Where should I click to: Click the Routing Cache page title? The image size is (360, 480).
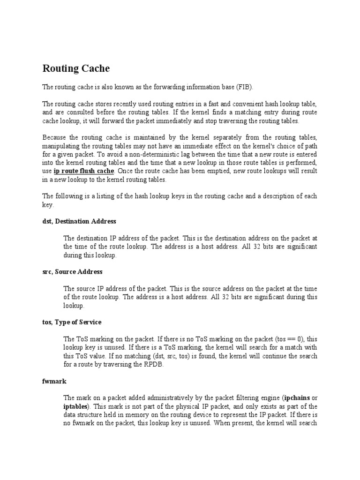(x=76, y=68)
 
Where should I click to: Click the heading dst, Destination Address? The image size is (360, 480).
(x=79, y=221)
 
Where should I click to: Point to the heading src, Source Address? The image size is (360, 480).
(x=72, y=271)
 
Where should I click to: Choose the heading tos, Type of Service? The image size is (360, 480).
(x=72, y=322)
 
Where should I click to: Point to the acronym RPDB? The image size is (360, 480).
(x=154, y=364)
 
